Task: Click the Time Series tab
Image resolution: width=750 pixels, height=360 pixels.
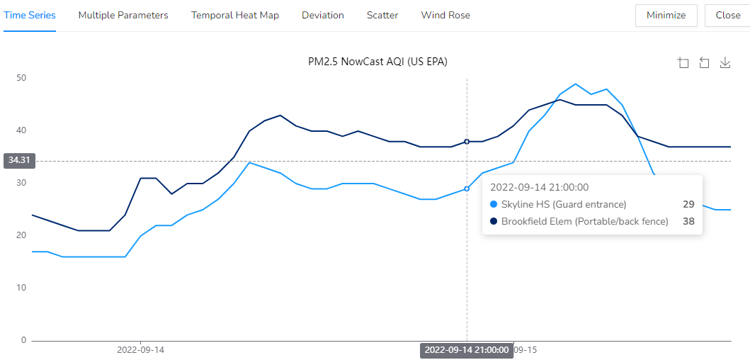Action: click(30, 15)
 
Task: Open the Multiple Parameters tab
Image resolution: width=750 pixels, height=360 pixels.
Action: click(123, 15)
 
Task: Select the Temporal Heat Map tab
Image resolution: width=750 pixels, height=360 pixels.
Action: click(235, 15)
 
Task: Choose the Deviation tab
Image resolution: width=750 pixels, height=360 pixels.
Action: click(323, 15)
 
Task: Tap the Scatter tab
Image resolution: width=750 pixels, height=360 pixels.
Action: click(382, 15)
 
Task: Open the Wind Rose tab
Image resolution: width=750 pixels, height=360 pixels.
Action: click(445, 15)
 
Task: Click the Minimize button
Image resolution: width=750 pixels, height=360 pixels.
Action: click(666, 15)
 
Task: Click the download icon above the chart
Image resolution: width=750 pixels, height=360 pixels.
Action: click(725, 63)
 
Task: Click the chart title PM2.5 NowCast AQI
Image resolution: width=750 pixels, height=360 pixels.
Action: click(377, 62)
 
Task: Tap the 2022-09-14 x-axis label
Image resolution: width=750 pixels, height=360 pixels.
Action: click(140, 350)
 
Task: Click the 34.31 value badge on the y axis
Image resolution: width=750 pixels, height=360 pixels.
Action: click(18, 161)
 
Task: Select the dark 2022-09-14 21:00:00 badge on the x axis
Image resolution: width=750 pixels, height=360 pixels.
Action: click(466, 350)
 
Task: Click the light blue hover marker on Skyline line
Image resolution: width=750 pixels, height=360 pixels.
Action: click(467, 189)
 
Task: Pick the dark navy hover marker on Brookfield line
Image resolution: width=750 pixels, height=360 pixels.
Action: click(467, 142)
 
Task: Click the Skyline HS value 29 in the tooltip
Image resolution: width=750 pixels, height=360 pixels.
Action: click(688, 204)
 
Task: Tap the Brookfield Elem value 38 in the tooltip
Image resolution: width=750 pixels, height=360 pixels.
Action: click(688, 221)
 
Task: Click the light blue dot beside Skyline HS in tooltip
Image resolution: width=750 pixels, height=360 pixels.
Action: click(494, 204)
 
